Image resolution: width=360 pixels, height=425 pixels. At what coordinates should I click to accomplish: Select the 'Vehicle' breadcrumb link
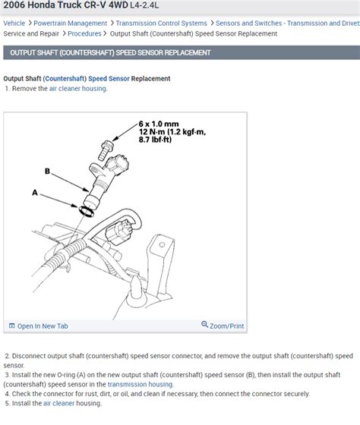click(14, 24)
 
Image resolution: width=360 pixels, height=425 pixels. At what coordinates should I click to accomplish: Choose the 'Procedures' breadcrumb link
click(84, 34)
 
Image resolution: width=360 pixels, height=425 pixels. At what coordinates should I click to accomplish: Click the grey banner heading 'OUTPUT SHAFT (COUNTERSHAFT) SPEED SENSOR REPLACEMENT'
click(108, 52)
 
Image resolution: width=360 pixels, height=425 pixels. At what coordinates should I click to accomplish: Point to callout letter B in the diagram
click(47, 172)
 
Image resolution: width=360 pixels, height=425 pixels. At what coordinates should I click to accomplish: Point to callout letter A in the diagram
click(35, 193)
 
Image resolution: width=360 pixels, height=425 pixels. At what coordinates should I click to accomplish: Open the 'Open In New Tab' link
click(42, 326)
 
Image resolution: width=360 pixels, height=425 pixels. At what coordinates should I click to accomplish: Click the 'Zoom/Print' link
click(226, 326)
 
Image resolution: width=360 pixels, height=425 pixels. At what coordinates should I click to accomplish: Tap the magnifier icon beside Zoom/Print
click(204, 326)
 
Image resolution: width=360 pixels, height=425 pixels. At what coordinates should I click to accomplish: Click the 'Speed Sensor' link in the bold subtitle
click(109, 79)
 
